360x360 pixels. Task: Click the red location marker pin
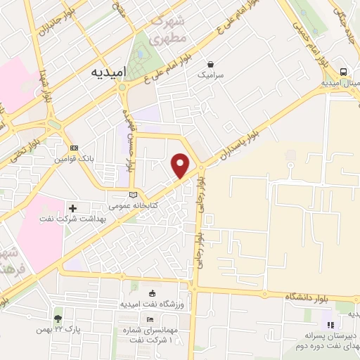[181, 165]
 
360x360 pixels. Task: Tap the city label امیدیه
[110, 72]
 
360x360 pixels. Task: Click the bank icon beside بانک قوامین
[75, 148]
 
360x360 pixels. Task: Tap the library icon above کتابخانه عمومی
[134, 195]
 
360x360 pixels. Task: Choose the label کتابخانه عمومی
[134, 206]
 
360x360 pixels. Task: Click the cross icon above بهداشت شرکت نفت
[73, 208]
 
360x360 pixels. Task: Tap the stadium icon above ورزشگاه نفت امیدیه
[153, 292]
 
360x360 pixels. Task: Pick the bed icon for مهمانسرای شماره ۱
[151, 319]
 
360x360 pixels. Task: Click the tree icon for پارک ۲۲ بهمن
[58, 319]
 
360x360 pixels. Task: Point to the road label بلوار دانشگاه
[308, 298]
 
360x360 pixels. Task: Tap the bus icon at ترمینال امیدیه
[343, 72]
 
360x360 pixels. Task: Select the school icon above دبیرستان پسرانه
[328, 324]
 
